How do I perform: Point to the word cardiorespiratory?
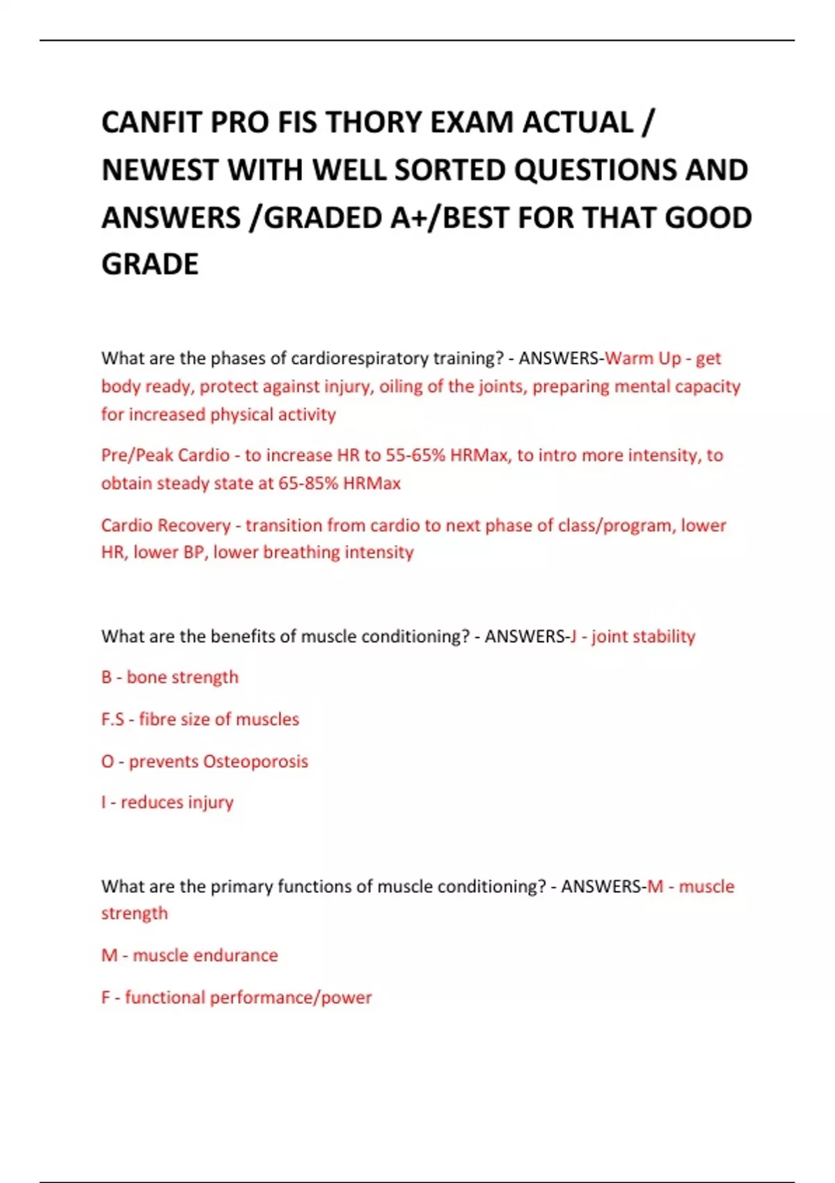(359, 358)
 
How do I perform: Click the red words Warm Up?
(643, 358)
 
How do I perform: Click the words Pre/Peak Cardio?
(165, 455)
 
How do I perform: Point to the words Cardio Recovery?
(166, 525)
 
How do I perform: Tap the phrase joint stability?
(643, 636)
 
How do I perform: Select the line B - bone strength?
(170, 677)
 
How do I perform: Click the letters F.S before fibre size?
(113, 719)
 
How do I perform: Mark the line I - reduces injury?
(167, 802)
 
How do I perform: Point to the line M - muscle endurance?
(189, 955)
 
